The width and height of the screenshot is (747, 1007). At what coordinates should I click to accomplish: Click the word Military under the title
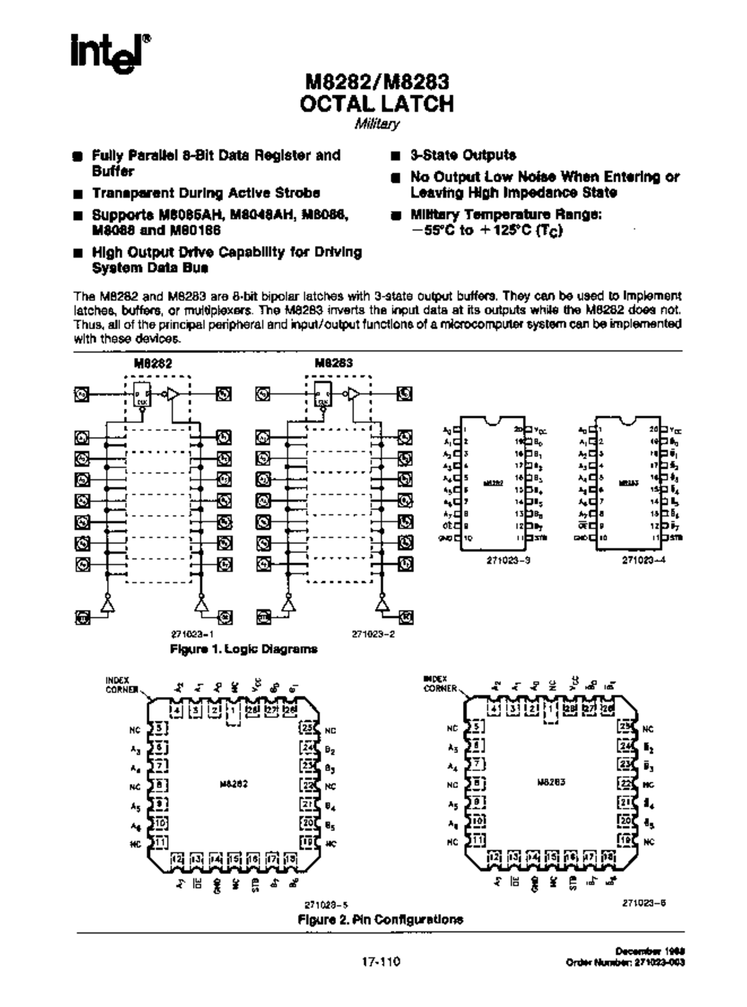[x=377, y=124]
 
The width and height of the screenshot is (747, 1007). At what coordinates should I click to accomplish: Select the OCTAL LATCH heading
[x=377, y=103]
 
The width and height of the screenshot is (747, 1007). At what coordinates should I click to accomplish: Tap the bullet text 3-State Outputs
[x=463, y=155]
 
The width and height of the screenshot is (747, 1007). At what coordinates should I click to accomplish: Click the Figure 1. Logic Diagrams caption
[x=243, y=649]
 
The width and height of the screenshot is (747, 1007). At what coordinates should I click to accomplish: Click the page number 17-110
[x=381, y=962]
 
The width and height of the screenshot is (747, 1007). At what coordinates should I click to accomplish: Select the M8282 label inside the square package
[x=233, y=784]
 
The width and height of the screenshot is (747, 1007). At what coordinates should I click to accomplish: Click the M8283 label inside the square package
[x=551, y=782]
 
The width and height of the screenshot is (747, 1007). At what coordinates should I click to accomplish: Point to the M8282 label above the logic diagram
[x=153, y=363]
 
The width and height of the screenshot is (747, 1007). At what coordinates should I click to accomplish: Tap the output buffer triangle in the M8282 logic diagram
[x=172, y=394]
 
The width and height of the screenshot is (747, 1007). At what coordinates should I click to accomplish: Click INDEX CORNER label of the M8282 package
[x=121, y=685]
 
